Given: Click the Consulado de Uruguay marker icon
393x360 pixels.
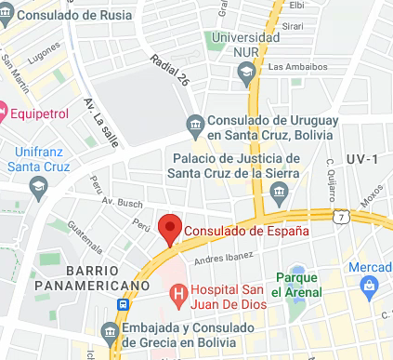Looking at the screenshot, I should coord(195,124).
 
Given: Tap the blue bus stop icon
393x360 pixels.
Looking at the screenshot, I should coord(124,304).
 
